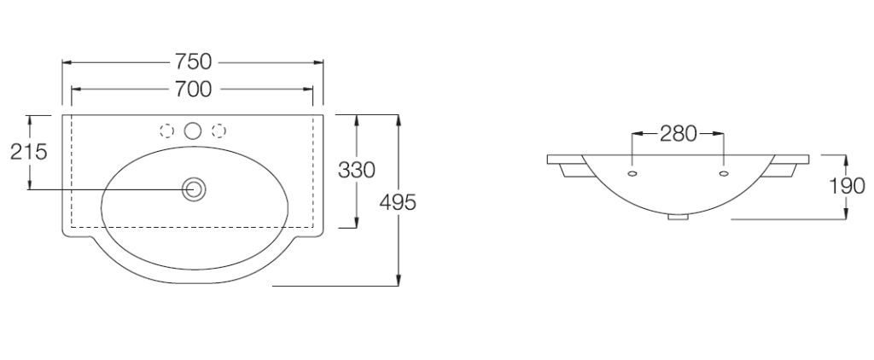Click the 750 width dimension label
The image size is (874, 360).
point(194,61)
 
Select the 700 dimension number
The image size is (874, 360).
point(194,89)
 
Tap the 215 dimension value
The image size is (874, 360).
point(29,152)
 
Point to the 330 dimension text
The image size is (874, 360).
point(357,170)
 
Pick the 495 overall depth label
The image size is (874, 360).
point(398,203)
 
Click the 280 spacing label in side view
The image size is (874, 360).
point(679,134)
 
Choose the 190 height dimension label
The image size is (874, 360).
point(847,186)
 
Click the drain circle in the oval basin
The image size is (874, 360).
point(194,189)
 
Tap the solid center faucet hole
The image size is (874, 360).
point(193,131)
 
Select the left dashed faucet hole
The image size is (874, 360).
point(166,131)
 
